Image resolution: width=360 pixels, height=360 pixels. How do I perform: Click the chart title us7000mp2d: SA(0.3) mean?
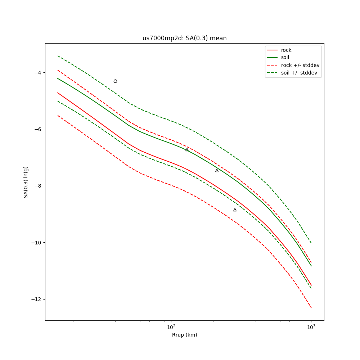(184, 38)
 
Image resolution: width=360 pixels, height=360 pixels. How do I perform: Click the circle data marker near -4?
(115, 81)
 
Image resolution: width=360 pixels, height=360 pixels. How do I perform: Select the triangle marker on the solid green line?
(187, 150)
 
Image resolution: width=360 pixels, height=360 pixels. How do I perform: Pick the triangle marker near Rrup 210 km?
(217, 171)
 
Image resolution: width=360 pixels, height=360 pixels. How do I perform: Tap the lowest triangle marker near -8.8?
(235, 210)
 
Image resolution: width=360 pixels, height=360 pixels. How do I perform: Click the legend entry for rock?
(286, 50)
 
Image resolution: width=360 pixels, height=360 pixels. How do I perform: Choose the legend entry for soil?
(285, 58)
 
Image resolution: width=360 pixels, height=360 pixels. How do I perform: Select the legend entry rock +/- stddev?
(300, 65)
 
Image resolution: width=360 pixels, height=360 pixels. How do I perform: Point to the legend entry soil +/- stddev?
(300, 73)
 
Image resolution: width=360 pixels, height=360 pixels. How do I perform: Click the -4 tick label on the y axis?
(38, 72)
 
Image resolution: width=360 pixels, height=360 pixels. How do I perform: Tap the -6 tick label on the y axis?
(38, 129)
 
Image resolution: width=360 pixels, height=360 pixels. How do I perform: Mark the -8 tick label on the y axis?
(38, 186)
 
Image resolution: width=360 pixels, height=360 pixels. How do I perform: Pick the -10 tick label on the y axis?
(36, 243)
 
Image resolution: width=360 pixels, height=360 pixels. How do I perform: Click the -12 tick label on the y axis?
(36, 299)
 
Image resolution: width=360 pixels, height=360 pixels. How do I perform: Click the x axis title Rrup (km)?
(184, 335)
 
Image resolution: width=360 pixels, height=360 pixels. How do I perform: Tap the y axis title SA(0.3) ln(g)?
(26, 182)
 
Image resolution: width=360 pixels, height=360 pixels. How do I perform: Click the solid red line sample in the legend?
(272, 50)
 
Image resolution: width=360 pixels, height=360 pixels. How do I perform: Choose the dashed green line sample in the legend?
(272, 73)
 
